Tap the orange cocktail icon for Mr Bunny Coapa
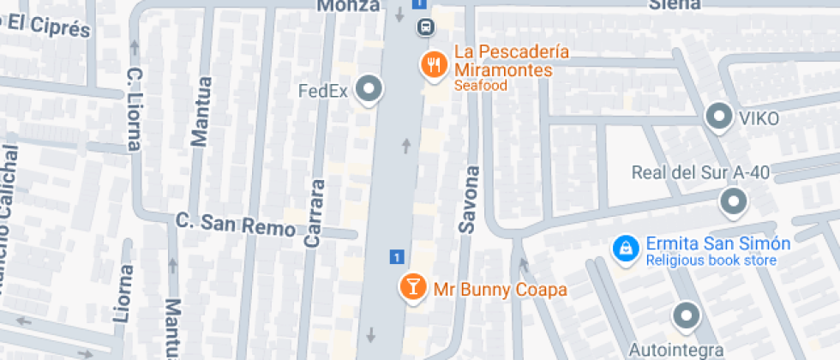[412, 288]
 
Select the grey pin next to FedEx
[369, 89]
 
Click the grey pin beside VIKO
[717, 117]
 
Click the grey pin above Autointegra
[686, 316]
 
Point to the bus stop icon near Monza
[424, 27]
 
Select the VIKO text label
[758, 118]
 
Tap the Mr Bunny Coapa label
[500, 290]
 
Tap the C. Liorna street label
[134, 109]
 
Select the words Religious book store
[711, 261]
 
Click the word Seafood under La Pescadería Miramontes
[481, 86]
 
